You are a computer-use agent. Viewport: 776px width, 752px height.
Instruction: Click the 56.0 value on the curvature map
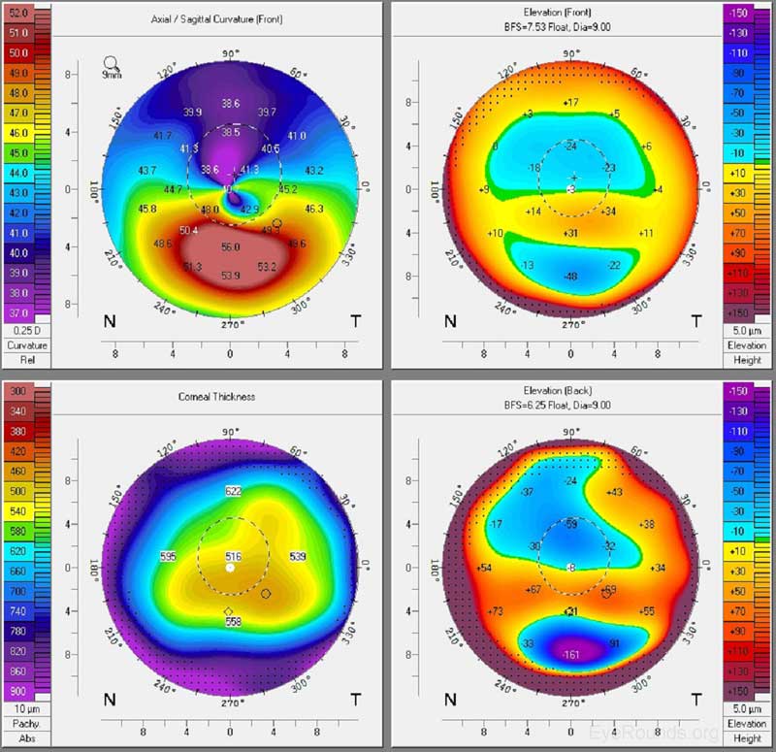pyautogui.click(x=230, y=247)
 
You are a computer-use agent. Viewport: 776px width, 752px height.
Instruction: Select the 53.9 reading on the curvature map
pyautogui.click(x=230, y=277)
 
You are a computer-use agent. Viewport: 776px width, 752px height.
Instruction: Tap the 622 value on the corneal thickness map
pyautogui.click(x=232, y=492)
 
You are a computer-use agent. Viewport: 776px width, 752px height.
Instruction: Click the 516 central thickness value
pyautogui.click(x=232, y=556)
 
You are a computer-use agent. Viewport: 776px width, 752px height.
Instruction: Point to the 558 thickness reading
pyautogui.click(x=233, y=621)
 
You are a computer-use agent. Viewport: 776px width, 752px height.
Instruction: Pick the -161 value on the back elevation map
pyautogui.click(x=570, y=654)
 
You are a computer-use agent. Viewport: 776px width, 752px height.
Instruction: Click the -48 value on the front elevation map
pyautogui.click(x=570, y=277)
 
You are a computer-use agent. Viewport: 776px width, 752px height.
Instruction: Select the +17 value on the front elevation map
pyautogui.click(x=570, y=102)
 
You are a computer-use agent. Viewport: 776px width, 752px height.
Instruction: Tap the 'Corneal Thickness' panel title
pyautogui.click(x=230, y=396)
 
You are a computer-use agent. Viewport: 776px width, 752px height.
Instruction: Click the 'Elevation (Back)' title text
pyautogui.click(x=570, y=392)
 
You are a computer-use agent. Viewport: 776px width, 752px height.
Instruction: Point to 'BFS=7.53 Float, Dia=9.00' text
pyautogui.click(x=570, y=29)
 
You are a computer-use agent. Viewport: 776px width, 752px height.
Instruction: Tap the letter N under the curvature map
pyautogui.click(x=111, y=321)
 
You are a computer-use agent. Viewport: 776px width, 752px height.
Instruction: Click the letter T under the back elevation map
pyautogui.click(x=695, y=699)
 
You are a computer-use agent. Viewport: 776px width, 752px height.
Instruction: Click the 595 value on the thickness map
pyautogui.click(x=168, y=557)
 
